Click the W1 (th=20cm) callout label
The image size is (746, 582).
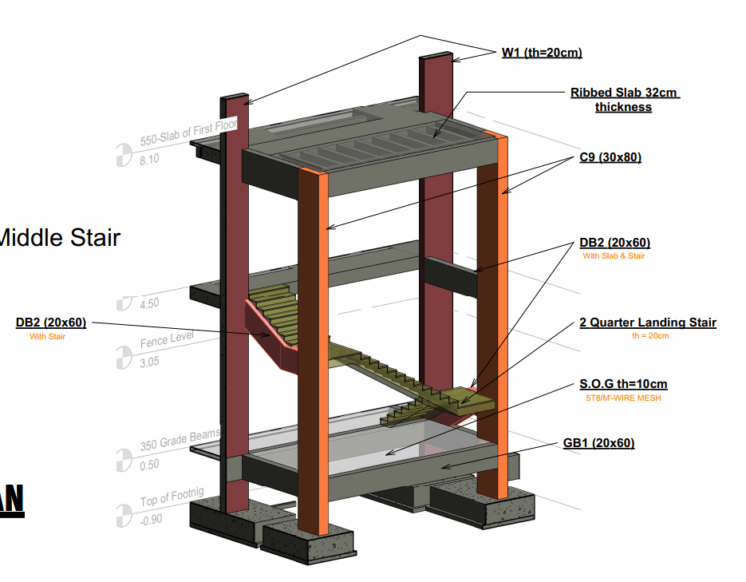click(542, 53)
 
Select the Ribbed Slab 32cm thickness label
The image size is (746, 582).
click(624, 100)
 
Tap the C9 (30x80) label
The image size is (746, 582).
click(610, 157)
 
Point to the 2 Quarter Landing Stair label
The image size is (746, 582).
click(648, 323)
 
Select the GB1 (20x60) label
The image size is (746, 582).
click(598, 443)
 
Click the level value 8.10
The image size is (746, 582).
click(149, 160)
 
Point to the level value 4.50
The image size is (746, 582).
click(149, 303)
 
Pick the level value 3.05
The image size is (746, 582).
click(149, 362)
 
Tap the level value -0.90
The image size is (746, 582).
click(149, 519)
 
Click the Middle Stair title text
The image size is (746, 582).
click(60, 237)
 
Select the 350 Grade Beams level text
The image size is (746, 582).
click(179, 440)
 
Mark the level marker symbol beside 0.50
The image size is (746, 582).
click(123, 460)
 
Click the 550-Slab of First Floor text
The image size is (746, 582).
click(188, 133)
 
